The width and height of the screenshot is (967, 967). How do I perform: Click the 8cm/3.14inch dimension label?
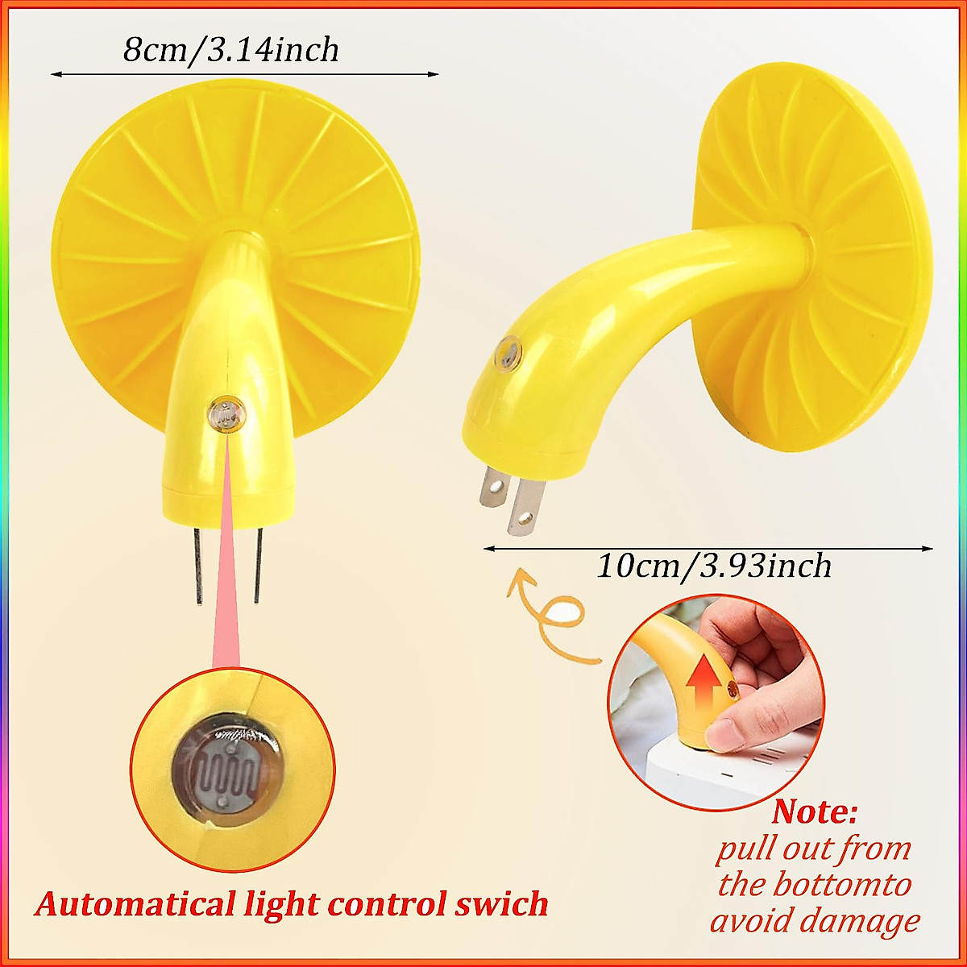[231, 50]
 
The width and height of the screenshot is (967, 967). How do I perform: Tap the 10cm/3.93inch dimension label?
[714, 566]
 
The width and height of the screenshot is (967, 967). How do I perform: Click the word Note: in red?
[815, 811]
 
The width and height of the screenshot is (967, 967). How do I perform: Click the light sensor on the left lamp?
[226, 414]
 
